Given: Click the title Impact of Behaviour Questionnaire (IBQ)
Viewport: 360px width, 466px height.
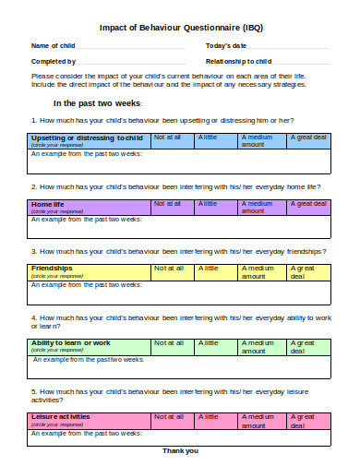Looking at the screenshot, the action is [x=180, y=27].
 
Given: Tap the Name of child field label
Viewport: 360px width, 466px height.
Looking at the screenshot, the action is [x=53, y=45].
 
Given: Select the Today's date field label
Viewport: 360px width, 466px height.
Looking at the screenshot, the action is [x=225, y=45].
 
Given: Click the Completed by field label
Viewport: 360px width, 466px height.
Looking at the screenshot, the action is [x=54, y=61].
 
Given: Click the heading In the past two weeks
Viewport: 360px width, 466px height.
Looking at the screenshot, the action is [x=96, y=103].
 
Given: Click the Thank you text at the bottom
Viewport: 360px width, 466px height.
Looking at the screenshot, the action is [x=180, y=450].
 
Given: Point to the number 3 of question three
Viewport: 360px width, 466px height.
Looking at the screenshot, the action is [x=33, y=251].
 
